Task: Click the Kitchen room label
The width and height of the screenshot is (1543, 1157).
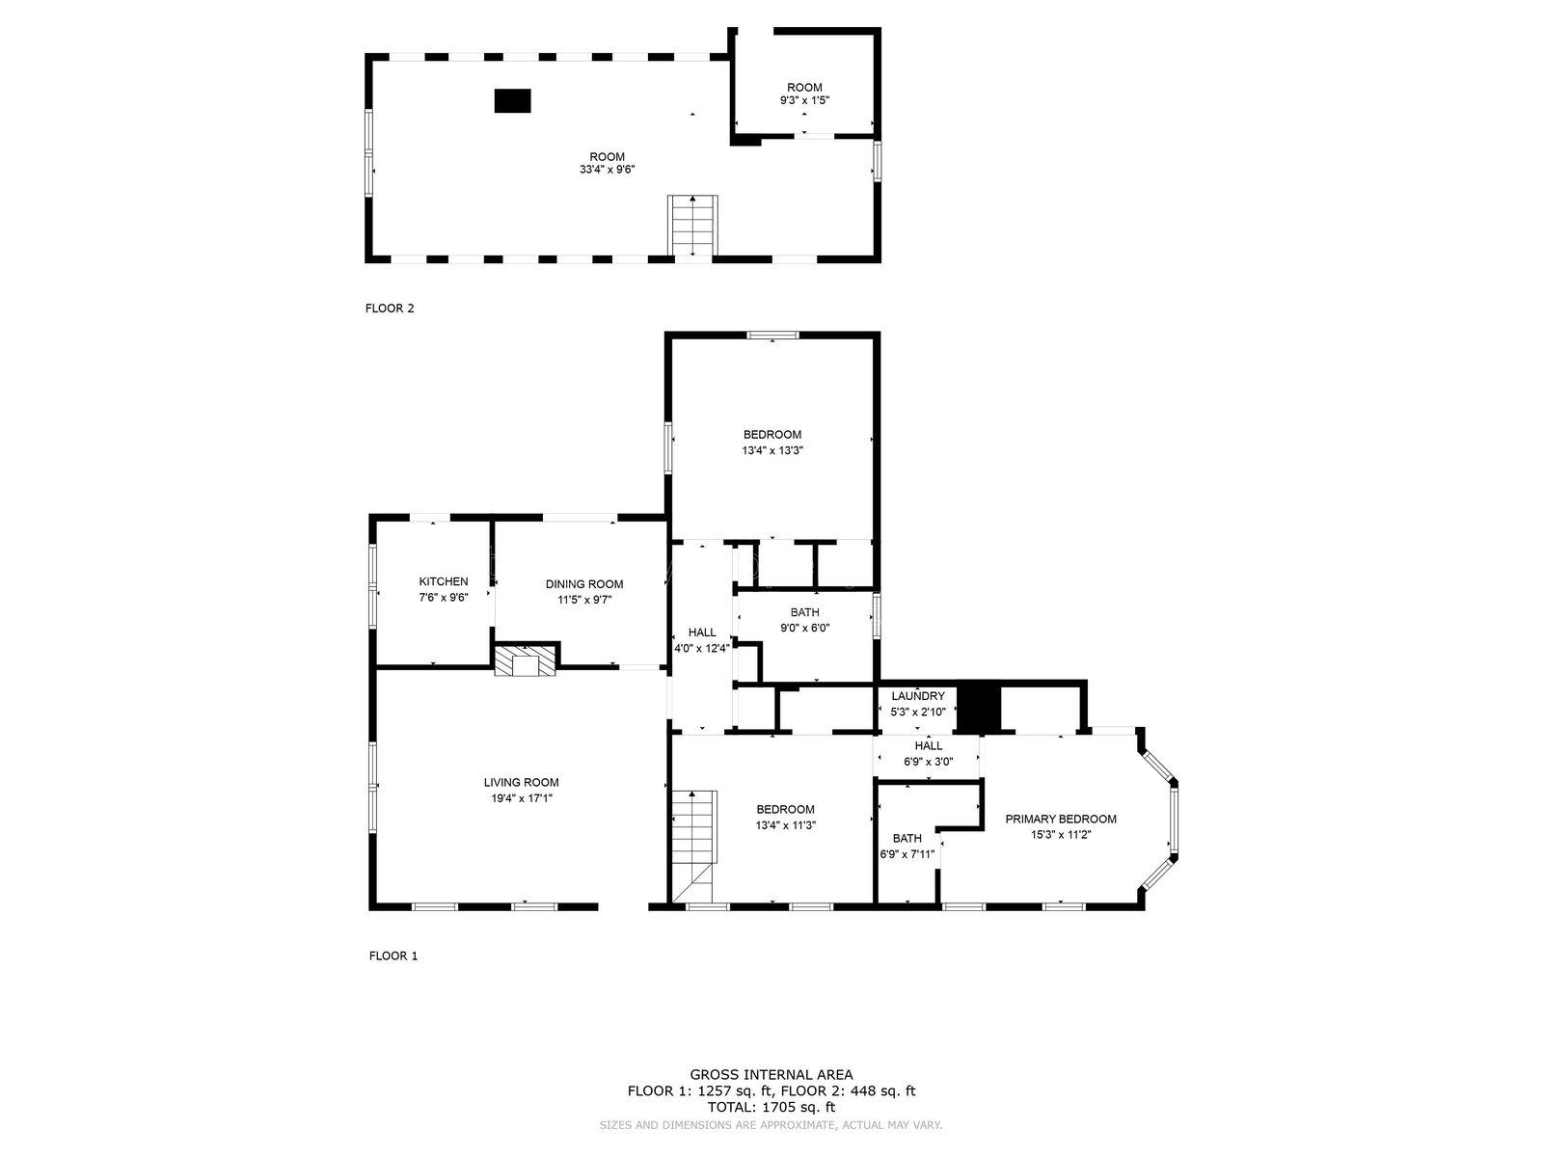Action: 443,581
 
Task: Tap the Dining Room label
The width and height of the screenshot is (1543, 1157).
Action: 584,584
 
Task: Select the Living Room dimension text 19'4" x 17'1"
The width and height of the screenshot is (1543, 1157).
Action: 522,798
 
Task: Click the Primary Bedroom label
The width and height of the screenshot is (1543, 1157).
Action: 1060,820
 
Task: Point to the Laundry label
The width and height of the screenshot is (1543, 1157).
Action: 918,696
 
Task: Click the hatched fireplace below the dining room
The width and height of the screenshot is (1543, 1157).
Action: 525,661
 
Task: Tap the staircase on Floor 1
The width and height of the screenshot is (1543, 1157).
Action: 693,846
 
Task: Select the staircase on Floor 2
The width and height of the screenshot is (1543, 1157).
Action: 692,226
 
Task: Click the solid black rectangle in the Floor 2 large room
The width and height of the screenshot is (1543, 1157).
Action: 512,100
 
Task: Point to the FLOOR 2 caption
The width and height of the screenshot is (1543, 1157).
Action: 390,309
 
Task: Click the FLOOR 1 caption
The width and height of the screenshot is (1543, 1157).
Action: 393,955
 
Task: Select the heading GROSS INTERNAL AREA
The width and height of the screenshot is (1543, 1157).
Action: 771,1074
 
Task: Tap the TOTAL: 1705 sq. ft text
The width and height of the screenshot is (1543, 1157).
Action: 771,1108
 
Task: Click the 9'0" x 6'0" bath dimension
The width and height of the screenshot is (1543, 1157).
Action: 805,628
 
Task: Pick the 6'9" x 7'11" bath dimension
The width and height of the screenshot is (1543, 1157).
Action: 907,854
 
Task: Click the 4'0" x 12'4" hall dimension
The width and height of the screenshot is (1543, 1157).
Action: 701,648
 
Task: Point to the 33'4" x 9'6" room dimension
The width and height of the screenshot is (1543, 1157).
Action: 607,170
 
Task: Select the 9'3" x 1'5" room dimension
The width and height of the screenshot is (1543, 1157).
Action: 804,100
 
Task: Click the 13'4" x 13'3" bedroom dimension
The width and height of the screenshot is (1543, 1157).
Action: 771,450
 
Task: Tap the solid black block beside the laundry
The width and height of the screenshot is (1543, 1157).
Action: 979,708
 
